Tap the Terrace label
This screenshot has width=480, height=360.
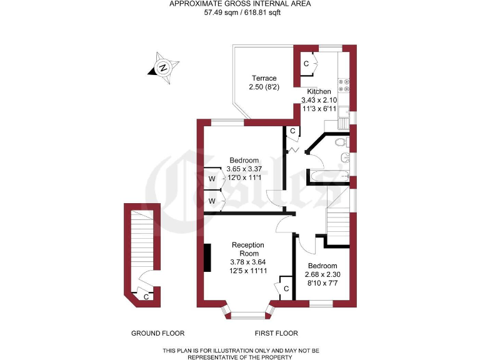(x=264, y=78)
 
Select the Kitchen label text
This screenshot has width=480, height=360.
(x=319, y=92)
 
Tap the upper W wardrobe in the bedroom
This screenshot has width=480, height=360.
(x=212, y=179)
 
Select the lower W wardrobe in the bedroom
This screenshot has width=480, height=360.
(x=212, y=201)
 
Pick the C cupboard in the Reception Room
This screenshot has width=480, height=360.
(x=286, y=289)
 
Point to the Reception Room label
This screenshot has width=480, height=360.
(x=247, y=249)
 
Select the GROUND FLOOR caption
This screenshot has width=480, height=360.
(x=157, y=333)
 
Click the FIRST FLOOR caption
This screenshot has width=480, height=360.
(x=277, y=333)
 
